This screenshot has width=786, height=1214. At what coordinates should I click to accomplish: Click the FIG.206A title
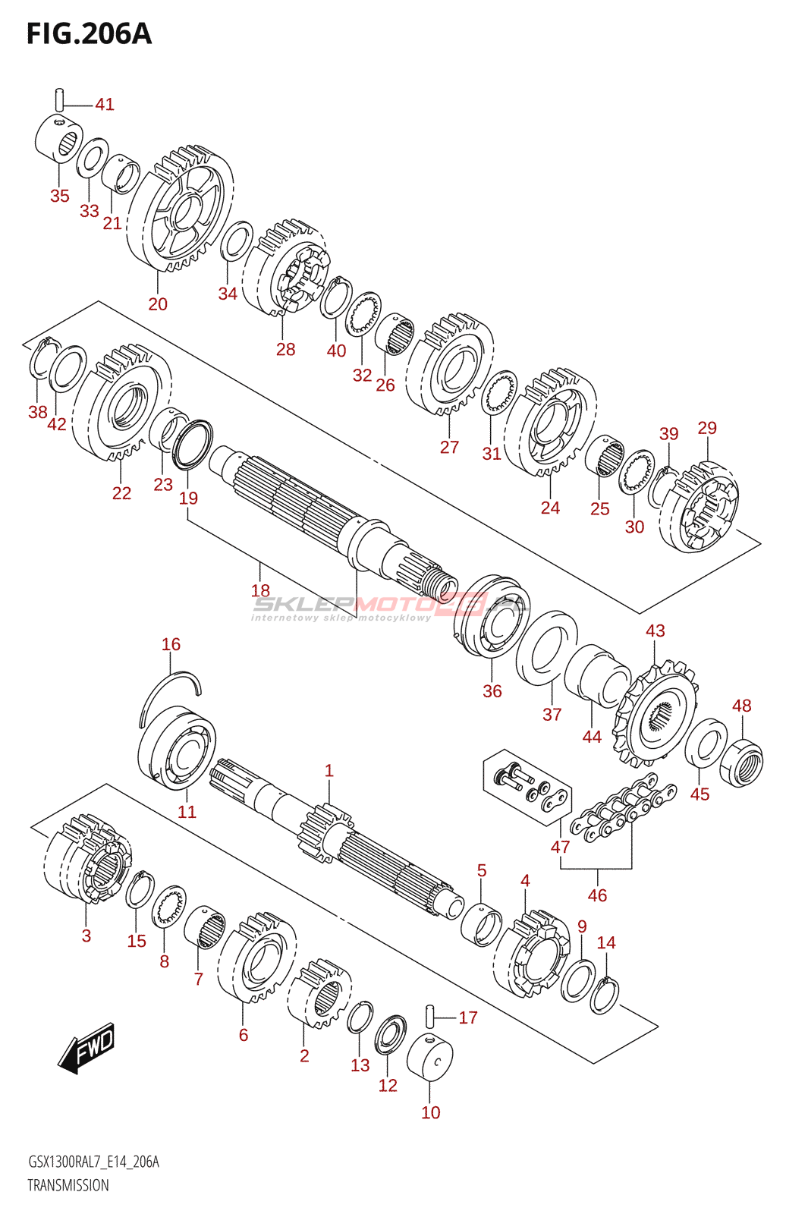(90, 33)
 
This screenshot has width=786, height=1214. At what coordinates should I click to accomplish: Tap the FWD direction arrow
(86, 1047)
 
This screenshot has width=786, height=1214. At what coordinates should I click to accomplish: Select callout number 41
(105, 104)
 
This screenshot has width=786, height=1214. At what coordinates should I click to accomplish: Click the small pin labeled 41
(59, 99)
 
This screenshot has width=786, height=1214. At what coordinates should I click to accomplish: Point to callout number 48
(741, 705)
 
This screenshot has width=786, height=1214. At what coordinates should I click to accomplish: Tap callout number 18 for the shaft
(260, 590)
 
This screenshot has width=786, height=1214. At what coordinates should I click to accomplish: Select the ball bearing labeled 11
(178, 747)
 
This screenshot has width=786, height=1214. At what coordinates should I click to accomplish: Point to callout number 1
(329, 770)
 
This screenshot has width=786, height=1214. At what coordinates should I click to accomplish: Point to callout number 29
(707, 428)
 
